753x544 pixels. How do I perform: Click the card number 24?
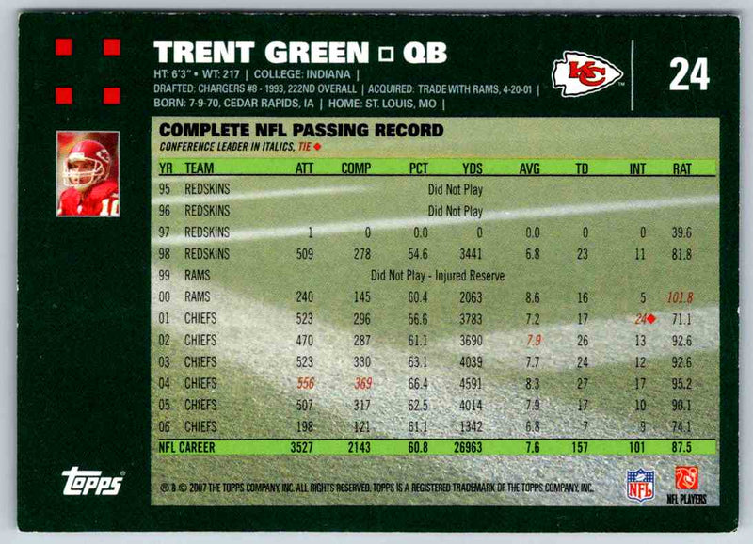[688, 73]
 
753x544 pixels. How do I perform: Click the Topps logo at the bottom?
[92, 481]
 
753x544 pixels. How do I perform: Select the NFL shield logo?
[640, 483]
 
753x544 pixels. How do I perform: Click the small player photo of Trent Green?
[88, 174]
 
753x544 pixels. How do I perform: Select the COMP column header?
[358, 168]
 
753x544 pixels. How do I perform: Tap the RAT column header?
[681, 168]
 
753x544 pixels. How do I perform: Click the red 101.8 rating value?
[679, 297]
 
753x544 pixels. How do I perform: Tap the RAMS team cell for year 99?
[198, 276]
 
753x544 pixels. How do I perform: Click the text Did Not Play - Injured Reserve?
[438, 276]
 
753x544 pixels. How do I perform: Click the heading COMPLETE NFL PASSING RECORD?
[288, 131]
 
